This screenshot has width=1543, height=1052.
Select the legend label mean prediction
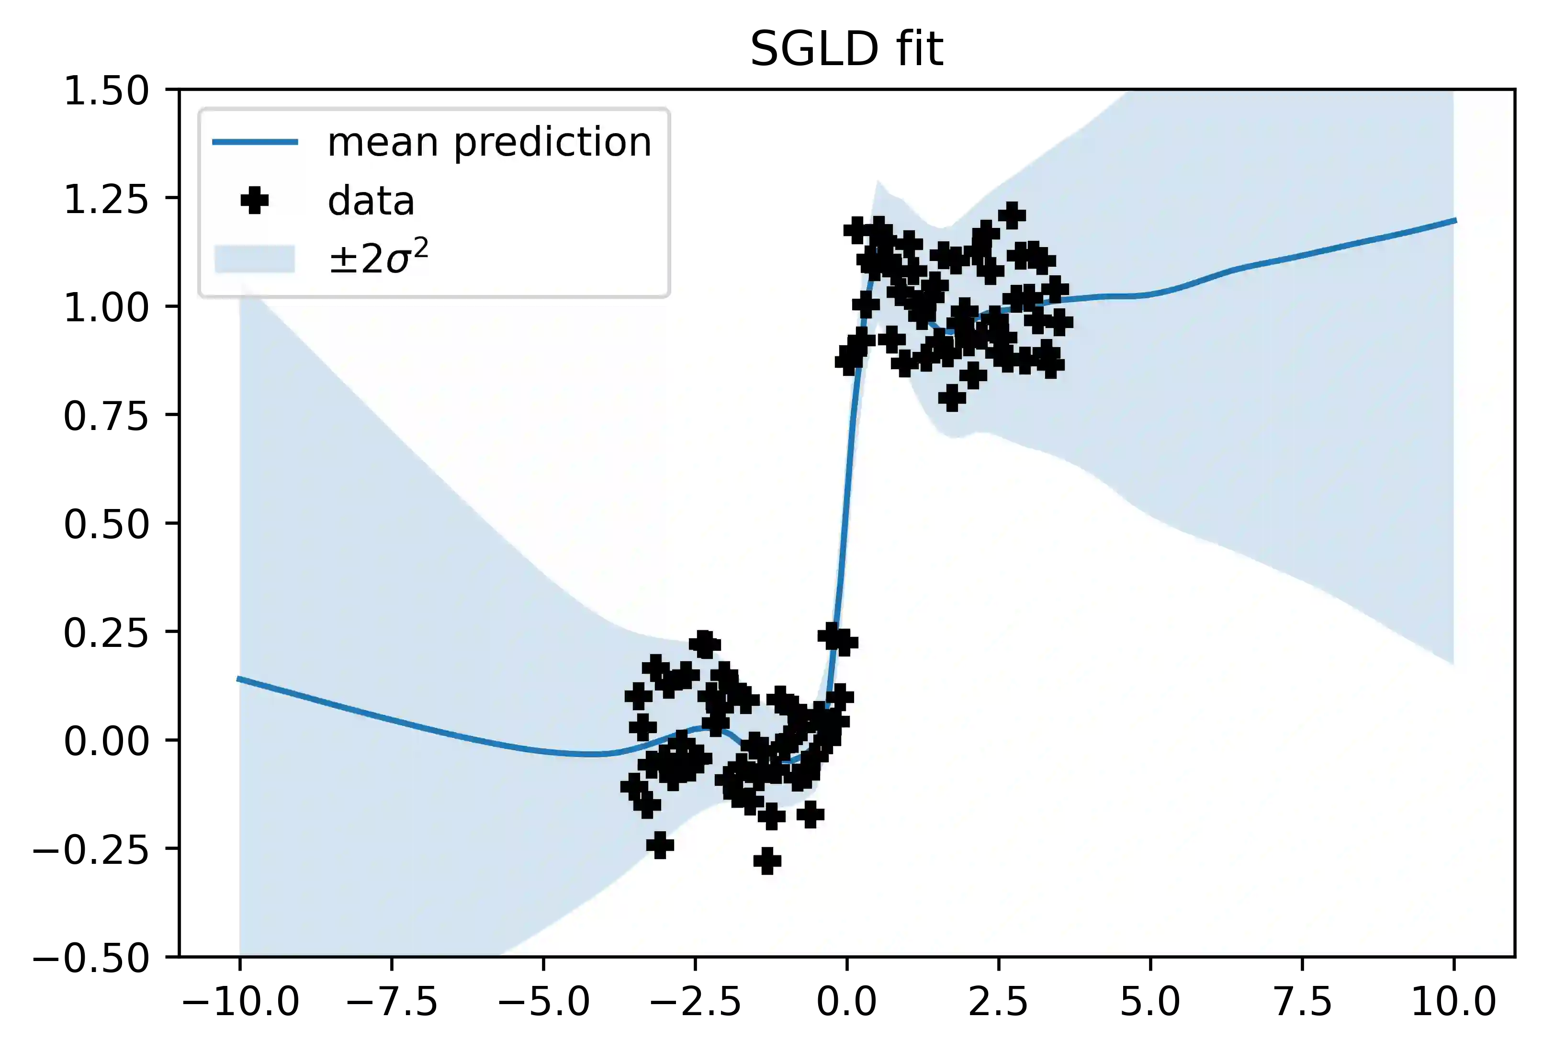click(x=489, y=142)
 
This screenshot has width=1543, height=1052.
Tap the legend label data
click(x=371, y=201)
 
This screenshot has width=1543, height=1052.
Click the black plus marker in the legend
click(x=254, y=201)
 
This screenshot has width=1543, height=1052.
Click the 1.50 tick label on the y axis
click(x=106, y=91)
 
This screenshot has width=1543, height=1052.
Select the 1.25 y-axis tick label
click(x=106, y=199)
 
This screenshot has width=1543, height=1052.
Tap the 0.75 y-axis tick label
click(x=106, y=417)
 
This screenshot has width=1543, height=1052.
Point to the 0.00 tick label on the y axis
click(x=106, y=741)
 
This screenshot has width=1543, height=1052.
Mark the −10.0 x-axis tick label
click(x=240, y=1002)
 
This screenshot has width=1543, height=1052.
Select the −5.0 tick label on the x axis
click(x=544, y=1002)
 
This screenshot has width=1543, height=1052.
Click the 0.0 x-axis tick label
click(x=846, y=1002)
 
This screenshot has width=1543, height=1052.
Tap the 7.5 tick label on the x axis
click(x=1302, y=1002)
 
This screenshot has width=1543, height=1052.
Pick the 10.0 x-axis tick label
click(x=1454, y=1002)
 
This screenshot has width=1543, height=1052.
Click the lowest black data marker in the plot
click(x=767, y=861)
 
